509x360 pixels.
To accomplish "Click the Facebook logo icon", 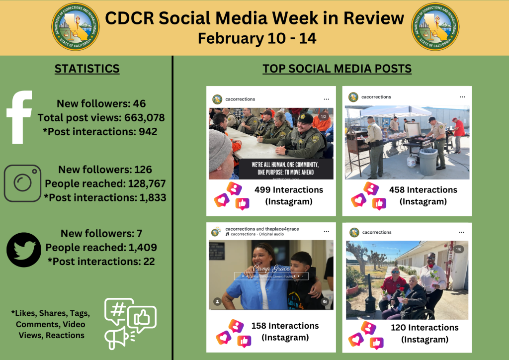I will pos(19,117).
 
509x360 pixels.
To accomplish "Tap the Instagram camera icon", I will pos(22,183).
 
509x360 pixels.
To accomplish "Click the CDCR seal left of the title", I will pos(76,27).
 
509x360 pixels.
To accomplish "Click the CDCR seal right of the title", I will pos(435,27).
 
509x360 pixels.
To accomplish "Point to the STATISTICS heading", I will pos(87,69).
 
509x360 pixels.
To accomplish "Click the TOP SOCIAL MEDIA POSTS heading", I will pos(337,69).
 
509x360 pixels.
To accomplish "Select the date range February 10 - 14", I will pos(257,38).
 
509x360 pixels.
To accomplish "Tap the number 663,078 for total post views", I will pos(140,118).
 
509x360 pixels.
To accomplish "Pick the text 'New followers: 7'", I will pos(101,233).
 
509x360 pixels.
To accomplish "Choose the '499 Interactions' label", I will pos(288,190).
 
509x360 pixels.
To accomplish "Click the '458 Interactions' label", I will pos(423,190).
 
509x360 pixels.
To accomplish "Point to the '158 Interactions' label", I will pos(285,326).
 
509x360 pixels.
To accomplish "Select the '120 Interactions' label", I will pos(424,328).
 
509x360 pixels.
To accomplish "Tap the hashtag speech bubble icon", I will pos(118,310).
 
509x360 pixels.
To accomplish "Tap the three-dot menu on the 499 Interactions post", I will pos(327,99).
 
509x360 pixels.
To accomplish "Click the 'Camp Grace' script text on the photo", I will pos(271,269).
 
